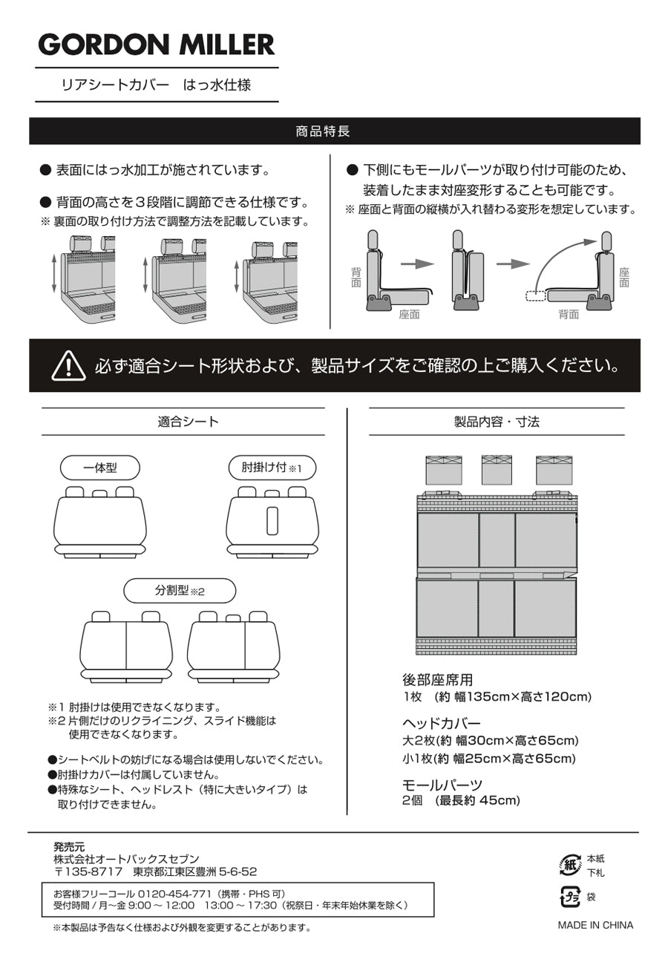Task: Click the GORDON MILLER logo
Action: pos(157,45)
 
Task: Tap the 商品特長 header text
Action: pos(323,131)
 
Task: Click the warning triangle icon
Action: pos(68,365)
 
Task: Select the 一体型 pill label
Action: pos(99,468)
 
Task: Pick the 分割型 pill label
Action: pos(179,592)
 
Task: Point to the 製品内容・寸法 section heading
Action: pos(497,422)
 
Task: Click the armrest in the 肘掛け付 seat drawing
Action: pos(272,520)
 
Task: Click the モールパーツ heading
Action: pos(442,785)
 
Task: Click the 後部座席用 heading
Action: pos(437,680)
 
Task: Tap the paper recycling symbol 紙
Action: pos(569,864)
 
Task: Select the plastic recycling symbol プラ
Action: pos(569,897)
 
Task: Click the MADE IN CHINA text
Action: pos(595,925)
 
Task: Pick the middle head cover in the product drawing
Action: pos(497,469)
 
